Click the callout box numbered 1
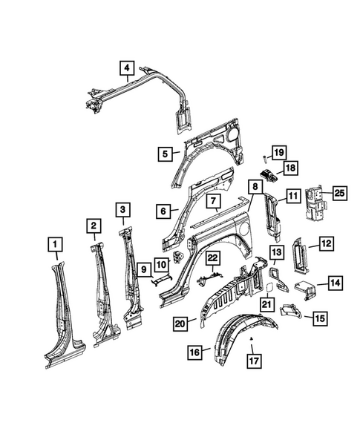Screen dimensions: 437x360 pyautogui.click(x=55, y=243)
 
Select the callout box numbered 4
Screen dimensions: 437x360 pyautogui.click(x=128, y=70)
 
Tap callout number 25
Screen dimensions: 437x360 pyautogui.click(x=341, y=194)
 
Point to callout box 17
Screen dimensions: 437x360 pyautogui.click(x=253, y=363)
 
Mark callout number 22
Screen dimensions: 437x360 pyautogui.click(x=213, y=257)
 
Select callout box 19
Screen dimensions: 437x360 pyautogui.click(x=278, y=153)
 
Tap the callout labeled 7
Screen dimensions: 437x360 pyautogui.click(x=212, y=201)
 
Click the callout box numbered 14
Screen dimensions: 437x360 pyautogui.click(x=335, y=282)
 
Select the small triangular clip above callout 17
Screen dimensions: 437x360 pyautogui.click(x=252, y=339)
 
